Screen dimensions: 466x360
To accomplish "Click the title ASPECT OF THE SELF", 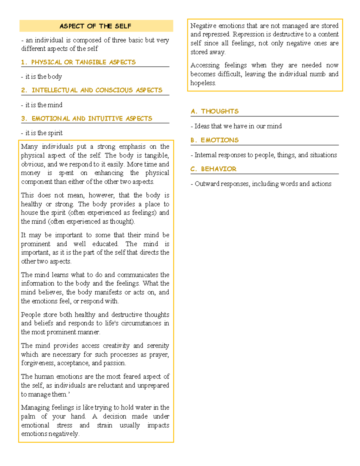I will pyautogui.click(x=95, y=26).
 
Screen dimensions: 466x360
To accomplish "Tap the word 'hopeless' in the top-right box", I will pyautogui.click(x=203, y=83).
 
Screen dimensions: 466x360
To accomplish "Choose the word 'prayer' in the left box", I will pyautogui.click(x=159, y=355).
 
